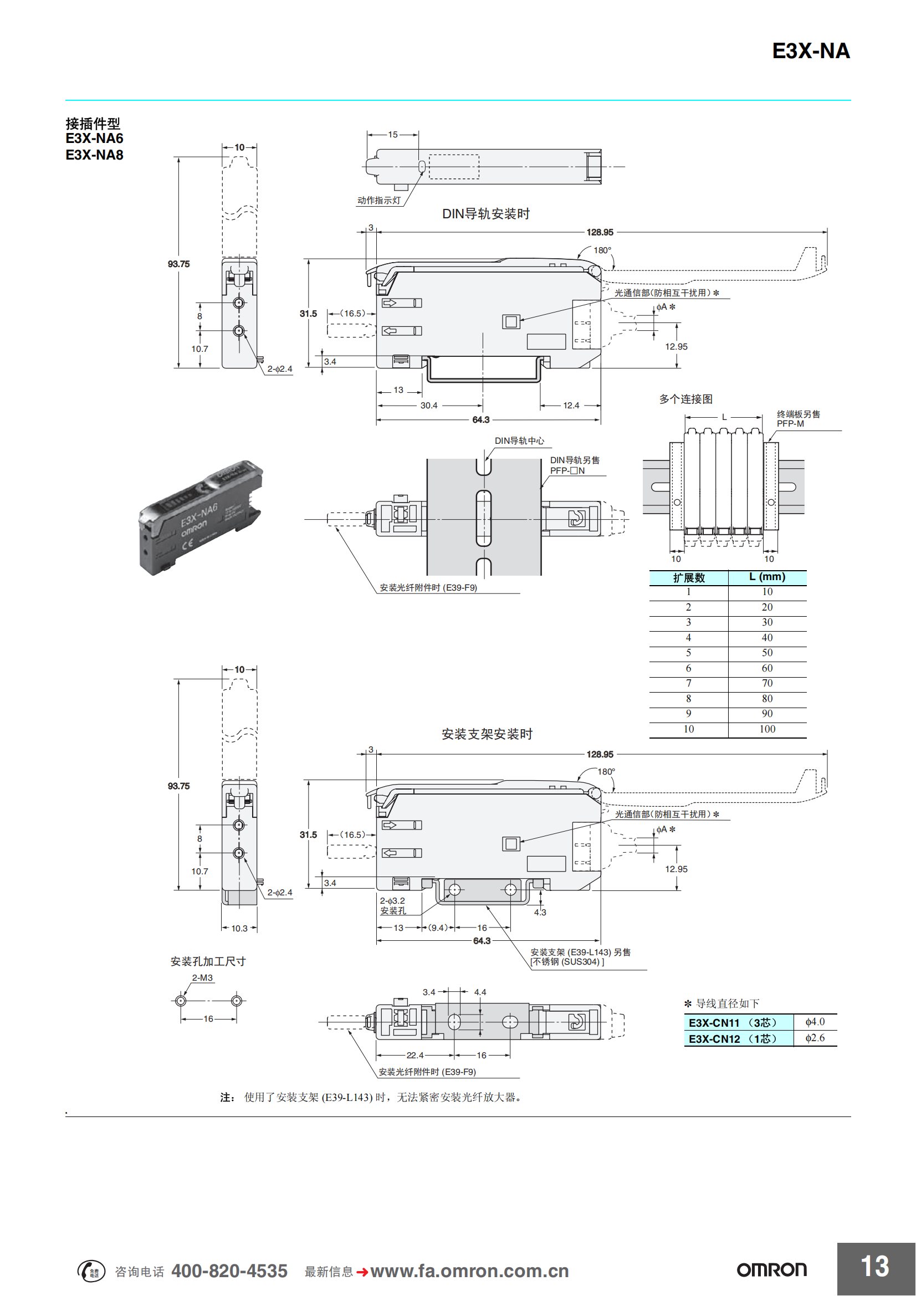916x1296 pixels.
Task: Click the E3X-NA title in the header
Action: coord(811,52)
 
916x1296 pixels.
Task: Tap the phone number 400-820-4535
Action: coord(229,1271)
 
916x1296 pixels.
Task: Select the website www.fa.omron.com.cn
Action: coord(469,1271)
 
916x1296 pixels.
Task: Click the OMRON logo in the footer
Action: coord(771,1270)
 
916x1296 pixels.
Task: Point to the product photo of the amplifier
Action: coord(201,518)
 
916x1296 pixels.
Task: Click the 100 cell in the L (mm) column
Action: coord(767,729)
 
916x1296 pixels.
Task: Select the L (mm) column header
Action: coord(767,577)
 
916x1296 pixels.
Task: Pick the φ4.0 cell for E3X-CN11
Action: coord(815,1022)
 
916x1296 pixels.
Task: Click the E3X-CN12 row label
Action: coord(733,1038)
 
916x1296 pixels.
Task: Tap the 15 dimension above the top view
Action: coord(393,135)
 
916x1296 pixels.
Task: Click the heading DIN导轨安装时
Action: coord(486,214)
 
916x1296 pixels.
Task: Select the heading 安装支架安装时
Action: coord(487,734)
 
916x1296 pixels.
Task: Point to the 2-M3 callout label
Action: coord(202,977)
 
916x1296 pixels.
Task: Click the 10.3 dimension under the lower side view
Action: coord(239,929)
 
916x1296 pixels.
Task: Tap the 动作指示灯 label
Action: coord(378,201)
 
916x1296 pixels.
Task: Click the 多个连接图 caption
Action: coord(685,399)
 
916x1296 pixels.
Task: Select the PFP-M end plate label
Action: coord(790,423)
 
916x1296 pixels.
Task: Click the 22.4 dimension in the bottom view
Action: coord(415,1055)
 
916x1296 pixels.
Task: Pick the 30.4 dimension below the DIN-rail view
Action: coord(429,405)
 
